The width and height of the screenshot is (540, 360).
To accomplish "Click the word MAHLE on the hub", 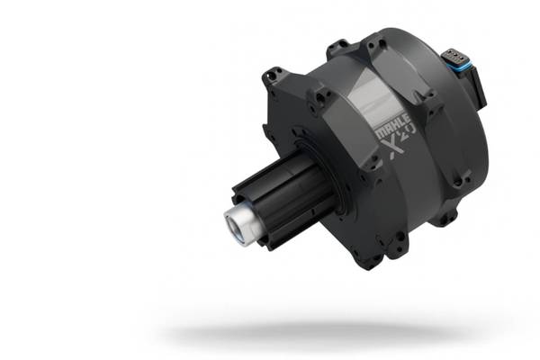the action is (x=392, y=126).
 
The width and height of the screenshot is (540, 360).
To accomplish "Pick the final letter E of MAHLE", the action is (x=407, y=119).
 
